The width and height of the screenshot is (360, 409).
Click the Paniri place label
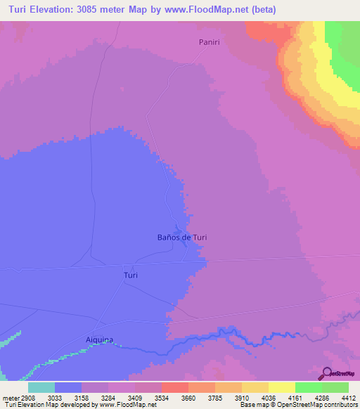pos(209,43)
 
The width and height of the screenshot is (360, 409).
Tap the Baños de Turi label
pos(181,238)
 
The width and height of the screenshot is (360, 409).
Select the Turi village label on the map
pos(130,275)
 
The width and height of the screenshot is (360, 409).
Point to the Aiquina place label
pos(99,339)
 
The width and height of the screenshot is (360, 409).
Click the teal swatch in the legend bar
pos(41,387)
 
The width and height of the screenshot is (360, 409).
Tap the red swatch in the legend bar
pos(174,387)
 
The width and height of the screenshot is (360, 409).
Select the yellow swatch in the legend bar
pos(281,387)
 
